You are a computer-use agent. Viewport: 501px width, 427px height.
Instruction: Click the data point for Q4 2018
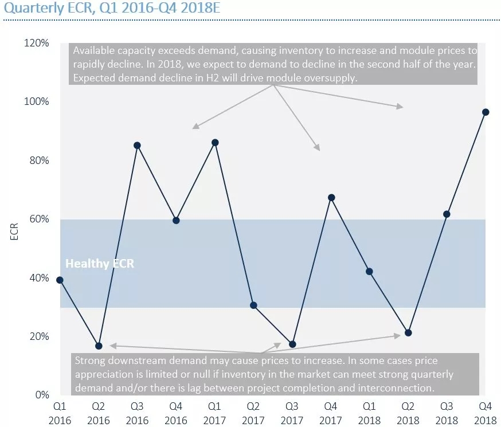tap(486, 112)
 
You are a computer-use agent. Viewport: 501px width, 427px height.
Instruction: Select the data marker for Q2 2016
tap(99, 346)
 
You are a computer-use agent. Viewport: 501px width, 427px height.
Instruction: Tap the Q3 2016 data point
tap(137, 145)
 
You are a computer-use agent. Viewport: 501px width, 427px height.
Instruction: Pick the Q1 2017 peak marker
tap(215, 142)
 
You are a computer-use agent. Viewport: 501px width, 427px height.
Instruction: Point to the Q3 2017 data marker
tap(292, 344)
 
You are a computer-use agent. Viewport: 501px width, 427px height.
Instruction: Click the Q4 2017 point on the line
tap(331, 198)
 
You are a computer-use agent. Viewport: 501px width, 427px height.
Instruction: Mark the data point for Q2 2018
tap(408, 333)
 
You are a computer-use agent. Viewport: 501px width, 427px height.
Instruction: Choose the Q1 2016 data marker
tap(60, 280)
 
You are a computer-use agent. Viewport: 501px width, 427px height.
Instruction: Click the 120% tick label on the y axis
tap(37, 43)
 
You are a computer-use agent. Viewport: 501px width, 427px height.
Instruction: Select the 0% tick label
tap(42, 395)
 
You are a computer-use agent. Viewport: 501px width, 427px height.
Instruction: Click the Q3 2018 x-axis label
tap(447, 412)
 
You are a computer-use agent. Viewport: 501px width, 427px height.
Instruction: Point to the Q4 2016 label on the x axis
tap(176, 412)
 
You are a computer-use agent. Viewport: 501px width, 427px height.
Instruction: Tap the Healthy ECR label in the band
tap(100, 264)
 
